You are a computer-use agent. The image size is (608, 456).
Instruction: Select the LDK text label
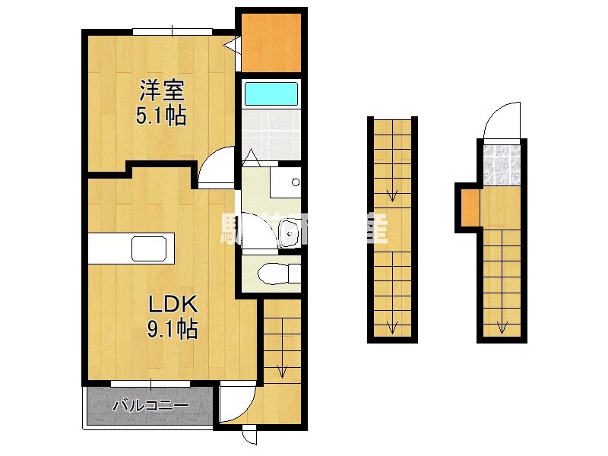tap(173, 304)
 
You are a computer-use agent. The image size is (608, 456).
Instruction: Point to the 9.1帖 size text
tap(173, 329)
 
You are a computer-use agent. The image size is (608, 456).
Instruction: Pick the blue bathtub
tap(271, 94)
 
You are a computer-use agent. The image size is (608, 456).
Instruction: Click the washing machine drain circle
tap(295, 182)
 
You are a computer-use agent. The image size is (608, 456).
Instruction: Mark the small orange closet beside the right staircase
tap(470, 206)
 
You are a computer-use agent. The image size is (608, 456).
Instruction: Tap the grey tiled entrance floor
tap(501, 163)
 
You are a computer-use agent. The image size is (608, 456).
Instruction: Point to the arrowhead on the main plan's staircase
tap(282, 372)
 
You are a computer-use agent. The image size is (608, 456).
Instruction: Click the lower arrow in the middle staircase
tap(392, 327)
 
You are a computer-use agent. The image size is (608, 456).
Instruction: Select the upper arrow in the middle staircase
tap(392, 195)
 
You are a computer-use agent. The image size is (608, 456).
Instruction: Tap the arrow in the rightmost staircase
tap(502, 328)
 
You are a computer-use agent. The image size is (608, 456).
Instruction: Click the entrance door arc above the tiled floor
tap(501, 122)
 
